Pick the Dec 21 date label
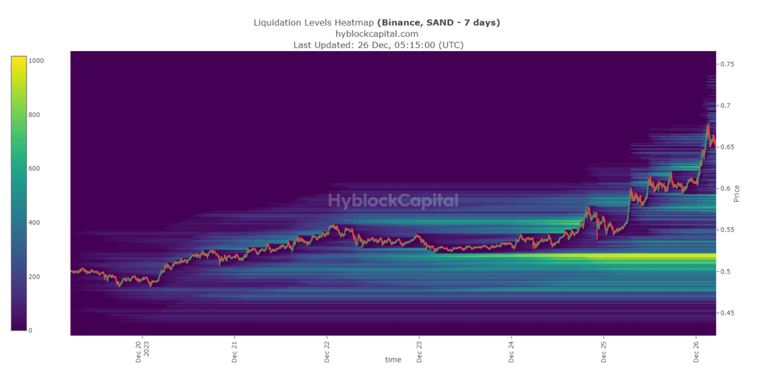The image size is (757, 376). click(234, 350)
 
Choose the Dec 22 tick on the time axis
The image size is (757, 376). click(327, 350)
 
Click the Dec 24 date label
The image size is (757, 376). click(512, 350)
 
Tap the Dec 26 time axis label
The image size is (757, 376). click(696, 350)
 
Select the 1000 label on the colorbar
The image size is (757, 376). click(36, 61)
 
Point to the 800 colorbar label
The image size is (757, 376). click(35, 115)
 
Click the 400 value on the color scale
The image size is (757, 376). click(35, 223)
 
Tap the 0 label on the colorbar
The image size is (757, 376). click(30, 330)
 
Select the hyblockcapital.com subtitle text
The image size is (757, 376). click(377, 33)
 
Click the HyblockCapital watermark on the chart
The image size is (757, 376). click(393, 200)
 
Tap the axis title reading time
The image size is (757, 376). click(393, 360)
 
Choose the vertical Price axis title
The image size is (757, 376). click(736, 194)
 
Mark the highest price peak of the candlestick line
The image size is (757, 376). click(708, 123)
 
